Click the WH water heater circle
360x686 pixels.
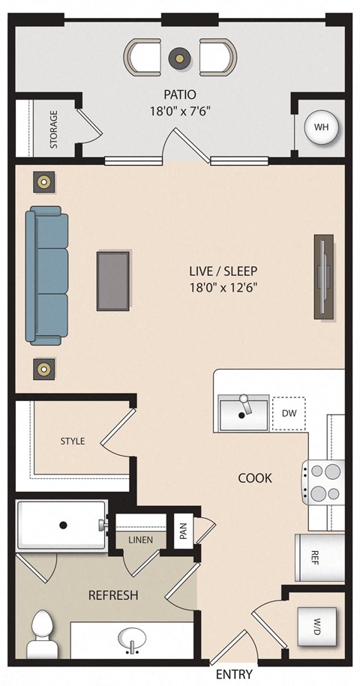(322, 127)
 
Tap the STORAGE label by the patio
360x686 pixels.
(54, 129)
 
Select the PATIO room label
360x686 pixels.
(180, 94)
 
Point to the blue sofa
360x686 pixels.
(46, 275)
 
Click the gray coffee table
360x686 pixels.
(112, 280)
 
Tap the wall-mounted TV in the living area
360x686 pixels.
(323, 275)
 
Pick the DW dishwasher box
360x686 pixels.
(289, 413)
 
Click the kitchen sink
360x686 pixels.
(244, 414)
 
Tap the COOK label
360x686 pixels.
(255, 477)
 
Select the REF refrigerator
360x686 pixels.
(316, 556)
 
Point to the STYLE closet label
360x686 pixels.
(73, 441)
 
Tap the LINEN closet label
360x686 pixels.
(140, 539)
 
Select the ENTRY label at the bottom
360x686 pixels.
(234, 673)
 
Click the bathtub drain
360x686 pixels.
(64, 526)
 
